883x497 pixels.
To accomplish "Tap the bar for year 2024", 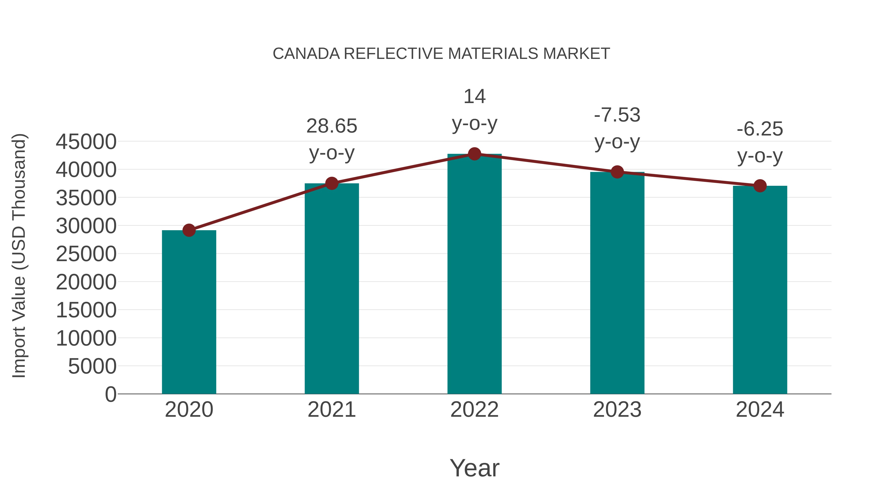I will pos(760,290).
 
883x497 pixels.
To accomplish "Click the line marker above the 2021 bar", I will pos(331,184).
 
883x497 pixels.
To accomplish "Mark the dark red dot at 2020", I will pos(189,230).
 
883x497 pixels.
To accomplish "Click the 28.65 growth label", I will pos(331,126).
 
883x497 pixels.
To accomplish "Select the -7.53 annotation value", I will pos(617,115).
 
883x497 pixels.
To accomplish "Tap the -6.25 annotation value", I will pos(760,129).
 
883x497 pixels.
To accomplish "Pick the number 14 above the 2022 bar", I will pos(474,96).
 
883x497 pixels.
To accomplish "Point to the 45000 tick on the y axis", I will pos(86,142).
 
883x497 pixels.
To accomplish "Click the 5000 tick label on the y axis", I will pos(92,366).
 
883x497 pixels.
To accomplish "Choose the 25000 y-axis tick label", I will pos(86,254).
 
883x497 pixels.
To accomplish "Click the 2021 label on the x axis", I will pos(331,410).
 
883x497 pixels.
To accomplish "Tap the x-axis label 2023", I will pos(617,410).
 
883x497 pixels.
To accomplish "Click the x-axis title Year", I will pos(474,468).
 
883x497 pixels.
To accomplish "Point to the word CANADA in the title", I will pos(306,54).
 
